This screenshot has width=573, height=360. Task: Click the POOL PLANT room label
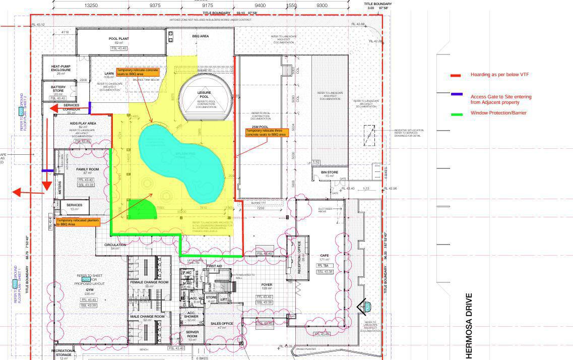119,39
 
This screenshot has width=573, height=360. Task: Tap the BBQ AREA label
201,36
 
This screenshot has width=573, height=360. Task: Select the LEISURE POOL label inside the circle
204,95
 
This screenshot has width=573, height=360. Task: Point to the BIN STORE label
330,172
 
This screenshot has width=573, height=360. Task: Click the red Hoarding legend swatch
456,76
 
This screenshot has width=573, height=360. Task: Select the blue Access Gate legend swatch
457,94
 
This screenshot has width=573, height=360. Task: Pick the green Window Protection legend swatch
457,114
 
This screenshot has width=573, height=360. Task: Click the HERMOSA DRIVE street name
469,325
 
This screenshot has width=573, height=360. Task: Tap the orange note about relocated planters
78,222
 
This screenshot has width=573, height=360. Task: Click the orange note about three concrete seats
267,133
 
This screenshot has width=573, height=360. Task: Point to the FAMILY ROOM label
87,169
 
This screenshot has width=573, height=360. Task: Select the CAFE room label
325,256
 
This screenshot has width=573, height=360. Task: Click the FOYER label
267,285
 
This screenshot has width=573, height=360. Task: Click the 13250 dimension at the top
91,6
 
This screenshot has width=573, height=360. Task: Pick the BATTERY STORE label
58,89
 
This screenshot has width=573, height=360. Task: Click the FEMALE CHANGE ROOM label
149,282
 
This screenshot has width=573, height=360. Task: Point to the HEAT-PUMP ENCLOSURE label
60,68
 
